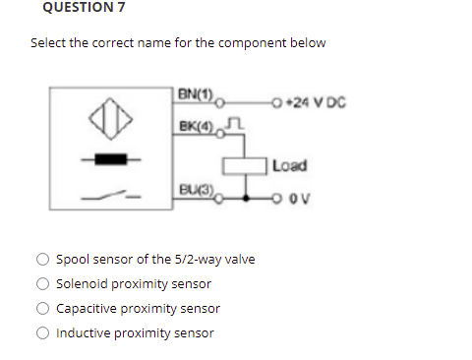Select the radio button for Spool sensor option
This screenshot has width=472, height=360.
point(43,260)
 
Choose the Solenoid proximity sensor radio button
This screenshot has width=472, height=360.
point(43,284)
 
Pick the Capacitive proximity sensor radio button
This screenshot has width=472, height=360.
point(43,309)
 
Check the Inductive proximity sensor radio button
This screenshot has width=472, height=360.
point(43,333)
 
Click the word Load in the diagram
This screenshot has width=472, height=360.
point(290,164)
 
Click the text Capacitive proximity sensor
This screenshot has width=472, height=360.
point(138,309)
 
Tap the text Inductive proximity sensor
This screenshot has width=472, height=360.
point(135,333)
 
